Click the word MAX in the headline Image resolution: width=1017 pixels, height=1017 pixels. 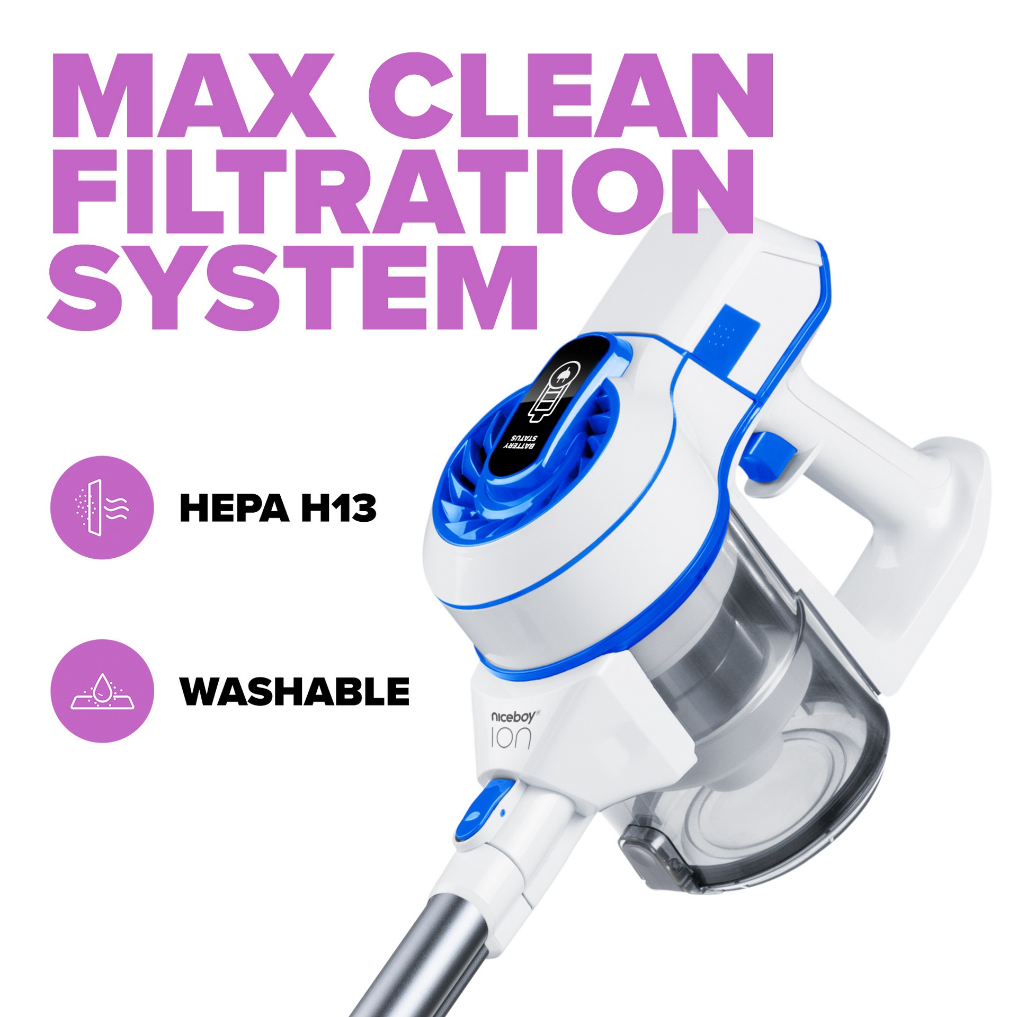coord(193,95)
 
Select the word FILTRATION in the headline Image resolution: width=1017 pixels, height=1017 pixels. coord(403,191)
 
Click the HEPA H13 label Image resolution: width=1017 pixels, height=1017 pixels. coord(278,507)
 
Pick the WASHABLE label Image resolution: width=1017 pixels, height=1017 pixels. coord(295,691)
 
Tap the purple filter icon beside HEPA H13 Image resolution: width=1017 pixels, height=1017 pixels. coord(102,507)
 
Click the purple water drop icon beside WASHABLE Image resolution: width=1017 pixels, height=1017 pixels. coord(102,691)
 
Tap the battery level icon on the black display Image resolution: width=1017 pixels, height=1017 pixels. coord(555,392)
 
